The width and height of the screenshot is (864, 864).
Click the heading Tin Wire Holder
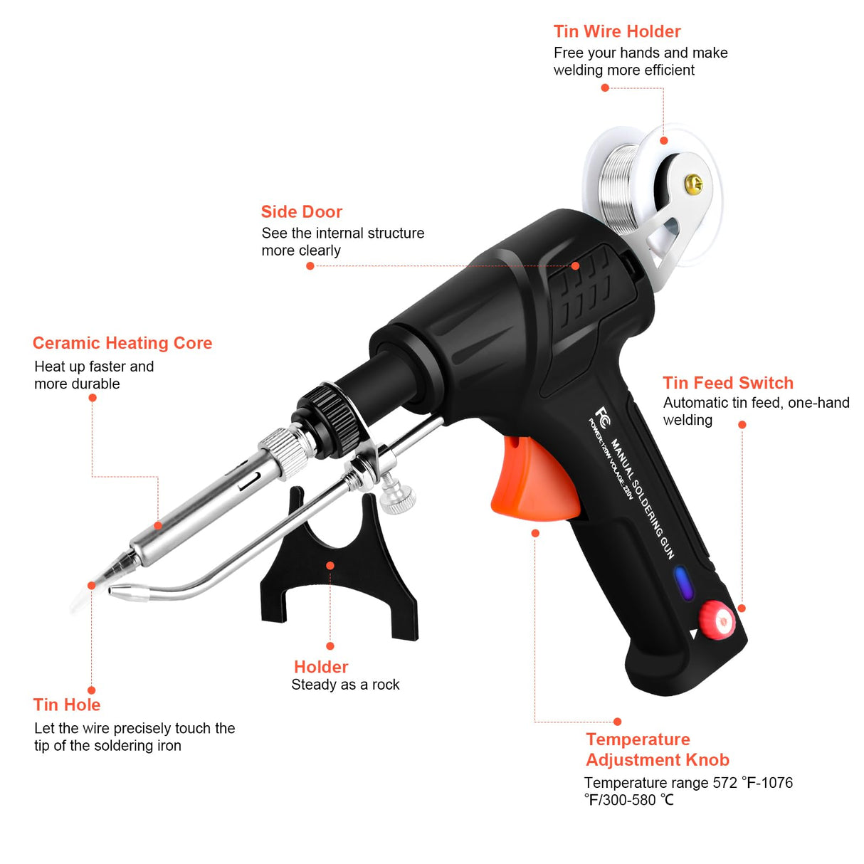coord(616,31)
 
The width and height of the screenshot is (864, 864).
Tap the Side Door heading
coord(301,211)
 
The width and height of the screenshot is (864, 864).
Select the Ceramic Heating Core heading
coord(122,343)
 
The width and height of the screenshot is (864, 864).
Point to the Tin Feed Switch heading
coord(727,383)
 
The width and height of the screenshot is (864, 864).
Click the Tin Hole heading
coord(67,705)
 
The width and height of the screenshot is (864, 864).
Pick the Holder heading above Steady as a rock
coord(321,667)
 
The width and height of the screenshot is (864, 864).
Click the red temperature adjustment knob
coord(716,618)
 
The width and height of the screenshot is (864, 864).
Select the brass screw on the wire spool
coord(693,184)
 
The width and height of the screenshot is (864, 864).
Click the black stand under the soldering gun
coord(339,569)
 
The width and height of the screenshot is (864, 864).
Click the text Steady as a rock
coord(345,685)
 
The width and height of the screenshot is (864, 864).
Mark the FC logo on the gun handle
coord(603,414)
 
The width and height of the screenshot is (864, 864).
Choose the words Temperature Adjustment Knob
coord(657,749)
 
